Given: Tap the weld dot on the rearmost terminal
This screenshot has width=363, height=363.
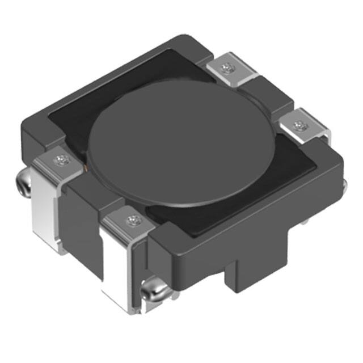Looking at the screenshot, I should tap(228, 69).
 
